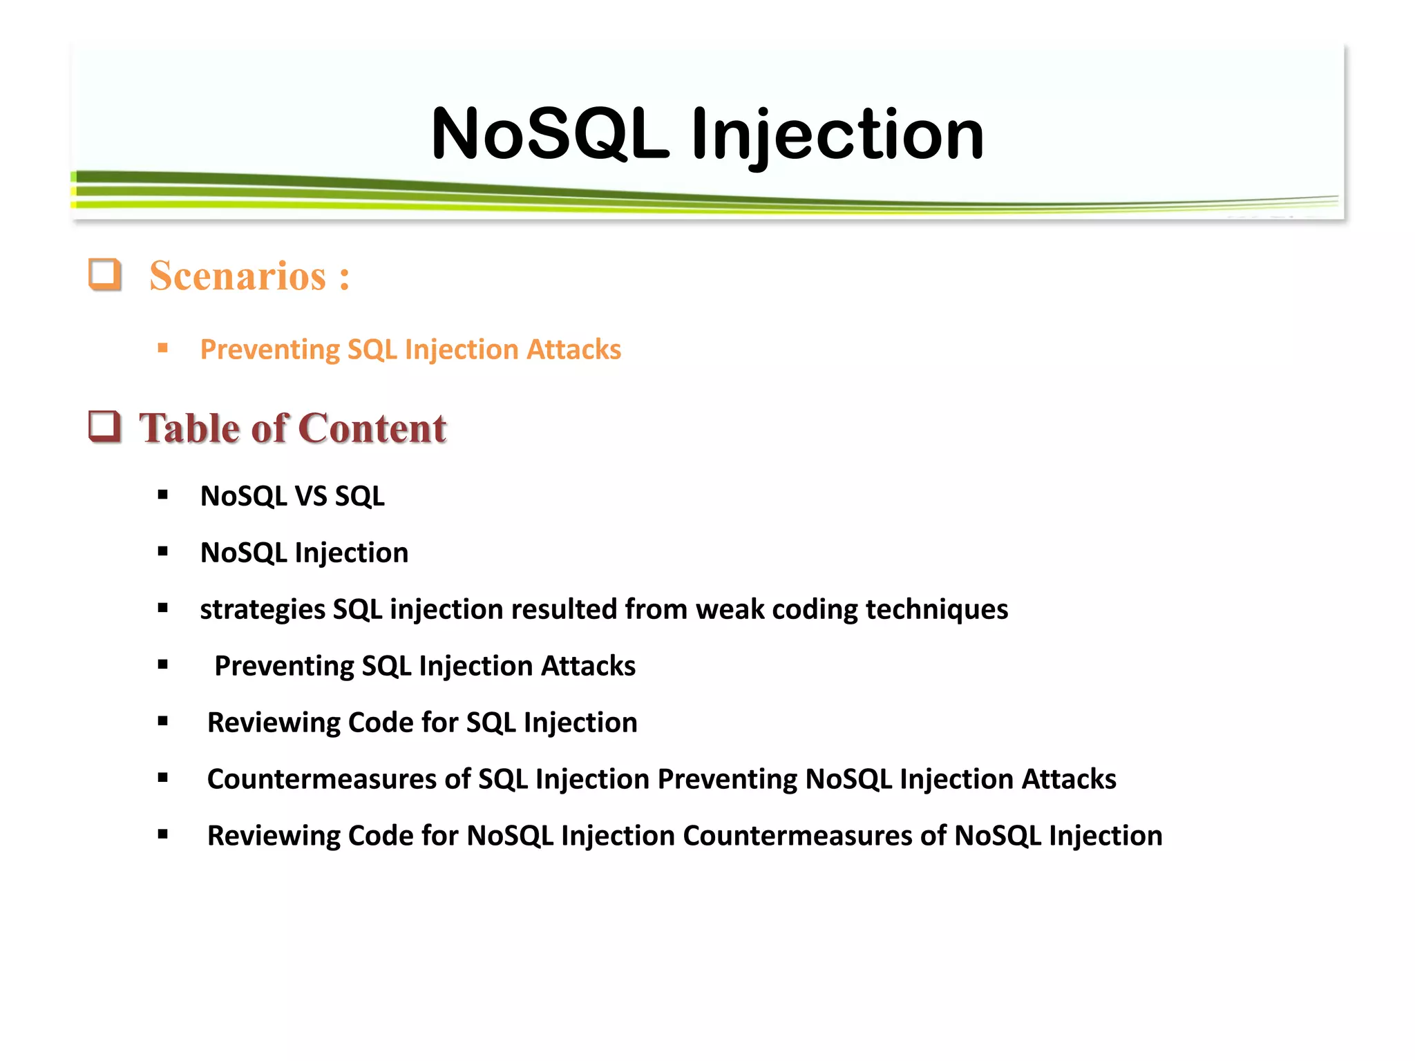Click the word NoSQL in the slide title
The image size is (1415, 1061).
click(550, 134)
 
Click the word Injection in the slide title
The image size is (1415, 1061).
click(837, 135)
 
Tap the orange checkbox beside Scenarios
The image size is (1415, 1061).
click(105, 274)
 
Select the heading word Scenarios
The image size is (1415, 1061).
click(238, 276)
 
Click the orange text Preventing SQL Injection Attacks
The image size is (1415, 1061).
click(410, 350)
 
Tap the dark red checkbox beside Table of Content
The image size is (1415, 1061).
click(105, 426)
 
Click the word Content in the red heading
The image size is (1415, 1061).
click(373, 428)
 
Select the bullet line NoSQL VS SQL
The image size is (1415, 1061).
click(292, 496)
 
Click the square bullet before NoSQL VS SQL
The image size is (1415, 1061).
click(163, 495)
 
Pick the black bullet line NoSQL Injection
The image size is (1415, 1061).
click(304, 553)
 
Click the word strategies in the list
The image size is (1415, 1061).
click(263, 610)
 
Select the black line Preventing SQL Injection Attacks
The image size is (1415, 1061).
click(424, 666)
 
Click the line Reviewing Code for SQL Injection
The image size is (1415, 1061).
click(421, 723)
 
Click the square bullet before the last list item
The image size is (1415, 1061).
click(163, 834)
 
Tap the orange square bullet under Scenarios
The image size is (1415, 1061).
click(163, 348)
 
